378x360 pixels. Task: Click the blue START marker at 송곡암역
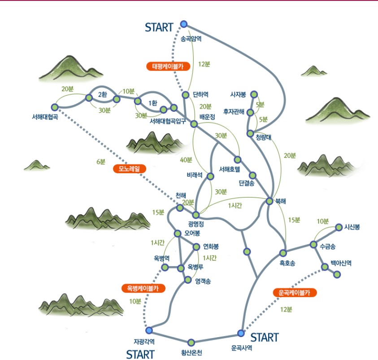(x=184, y=24)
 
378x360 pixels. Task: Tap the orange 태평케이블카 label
(x=168, y=66)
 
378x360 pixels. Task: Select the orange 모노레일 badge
(x=130, y=169)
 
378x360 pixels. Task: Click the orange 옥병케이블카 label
(x=143, y=288)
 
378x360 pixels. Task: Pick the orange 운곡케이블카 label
(x=295, y=293)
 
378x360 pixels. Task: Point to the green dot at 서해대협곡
(x=55, y=107)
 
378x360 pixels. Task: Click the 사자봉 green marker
(x=254, y=94)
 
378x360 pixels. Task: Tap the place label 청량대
(x=264, y=137)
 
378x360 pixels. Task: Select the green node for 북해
(x=269, y=201)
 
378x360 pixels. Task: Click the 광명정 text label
(x=196, y=224)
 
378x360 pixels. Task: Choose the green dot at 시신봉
(x=339, y=227)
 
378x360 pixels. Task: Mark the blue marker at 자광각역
(x=149, y=330)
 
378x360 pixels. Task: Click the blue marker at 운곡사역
(x=241, y=333)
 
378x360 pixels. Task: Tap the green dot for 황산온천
(x=191, y=342)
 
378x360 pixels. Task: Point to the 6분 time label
(x=101, y=162)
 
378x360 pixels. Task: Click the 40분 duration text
(x=186, y=160)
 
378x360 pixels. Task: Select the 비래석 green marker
(x=210, y=176)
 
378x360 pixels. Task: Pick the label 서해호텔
(x=230, y=169)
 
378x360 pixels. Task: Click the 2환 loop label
(x=102, y=94)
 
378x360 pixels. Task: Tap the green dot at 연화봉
(x=196, y=247)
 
